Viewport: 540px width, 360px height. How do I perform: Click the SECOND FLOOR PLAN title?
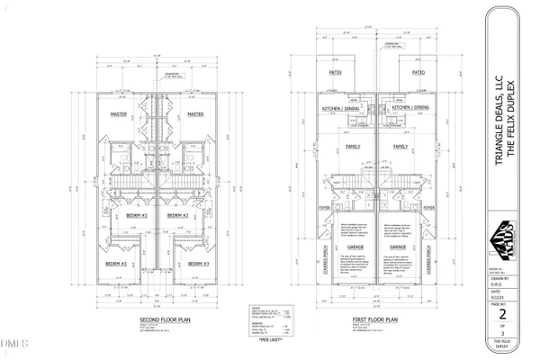(x=162, y=320)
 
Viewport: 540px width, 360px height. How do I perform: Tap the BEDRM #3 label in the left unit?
(x=114, y=263)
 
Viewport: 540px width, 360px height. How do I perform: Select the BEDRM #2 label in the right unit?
(x=178, y=216)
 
